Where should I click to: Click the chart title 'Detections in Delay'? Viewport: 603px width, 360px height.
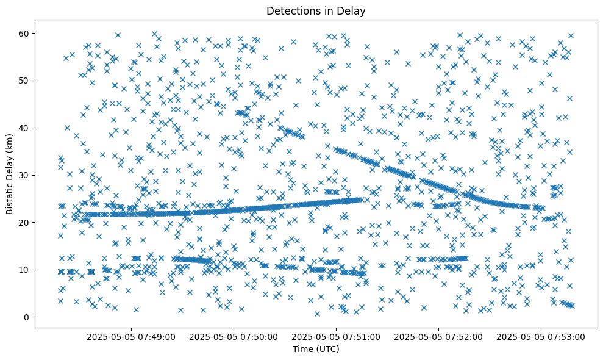click(316, 10)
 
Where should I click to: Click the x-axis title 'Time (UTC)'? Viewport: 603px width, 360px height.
click(316, 349)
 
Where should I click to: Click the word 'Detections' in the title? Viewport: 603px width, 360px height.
click(290, 10)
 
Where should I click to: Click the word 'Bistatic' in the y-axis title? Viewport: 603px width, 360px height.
click(10, 197)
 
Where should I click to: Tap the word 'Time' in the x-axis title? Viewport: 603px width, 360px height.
click(303, 349)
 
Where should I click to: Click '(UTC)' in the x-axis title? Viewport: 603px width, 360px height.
click(327, 349)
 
